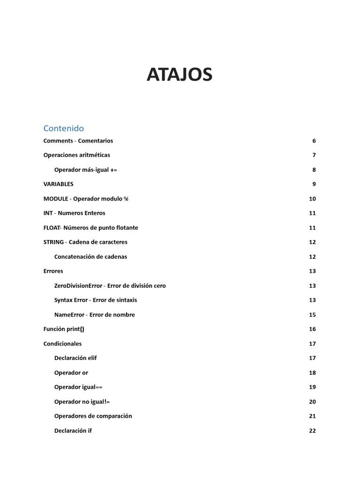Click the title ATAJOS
click(x=180, y=75)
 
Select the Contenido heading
click(x=63, y=128)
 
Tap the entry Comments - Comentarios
click(x=78, y=141)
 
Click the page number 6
click(x=314, y=141)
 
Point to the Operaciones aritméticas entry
click(x=76, y=155)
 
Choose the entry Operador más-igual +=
click(x=85, y=170)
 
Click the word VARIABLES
click(x=58, y=184)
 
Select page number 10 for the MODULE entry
click(x=312, y=199)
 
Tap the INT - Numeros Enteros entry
click(x=74, y=213)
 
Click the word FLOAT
click(x=52, y=228)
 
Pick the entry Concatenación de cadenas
click(x=90, y=257)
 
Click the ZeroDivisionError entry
click(x=110, y=285)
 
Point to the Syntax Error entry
click(x=96, y=300)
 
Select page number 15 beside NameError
click(x=312, y=315)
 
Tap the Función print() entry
click(x=64, y=329)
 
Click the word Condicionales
click(x=62, y=344)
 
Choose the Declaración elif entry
click(x=75, y=358)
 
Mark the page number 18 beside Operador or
click(x=312, y=373)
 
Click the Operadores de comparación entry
click(x=93, y=416)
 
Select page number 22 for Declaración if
click(x=312, y=431)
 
